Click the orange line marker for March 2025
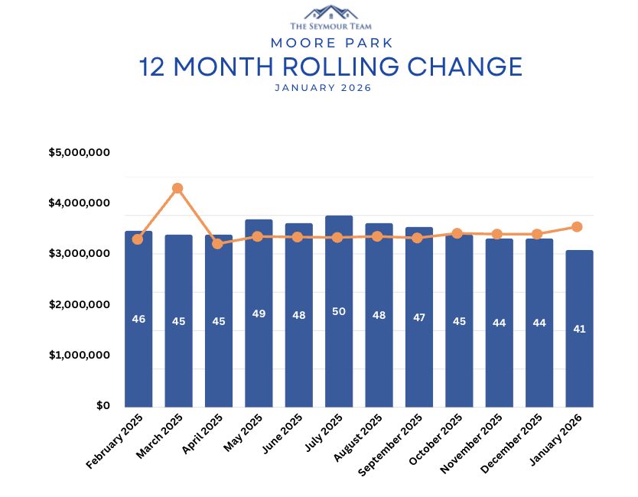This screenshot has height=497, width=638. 177,188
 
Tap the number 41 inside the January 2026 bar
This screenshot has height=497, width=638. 579,330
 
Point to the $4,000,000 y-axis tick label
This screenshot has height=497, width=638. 80,203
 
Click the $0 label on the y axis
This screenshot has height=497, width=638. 103,406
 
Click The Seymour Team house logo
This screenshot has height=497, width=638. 330,12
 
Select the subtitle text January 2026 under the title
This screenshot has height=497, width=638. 322,88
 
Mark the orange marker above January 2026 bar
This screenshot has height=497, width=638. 578,227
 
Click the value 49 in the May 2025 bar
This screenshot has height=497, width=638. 259,313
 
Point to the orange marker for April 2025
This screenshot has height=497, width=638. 217,244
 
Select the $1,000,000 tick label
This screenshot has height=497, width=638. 80,356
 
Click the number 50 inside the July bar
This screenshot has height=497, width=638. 339,311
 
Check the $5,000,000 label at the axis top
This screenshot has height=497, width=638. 80,153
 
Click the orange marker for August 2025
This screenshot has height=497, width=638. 377,236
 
